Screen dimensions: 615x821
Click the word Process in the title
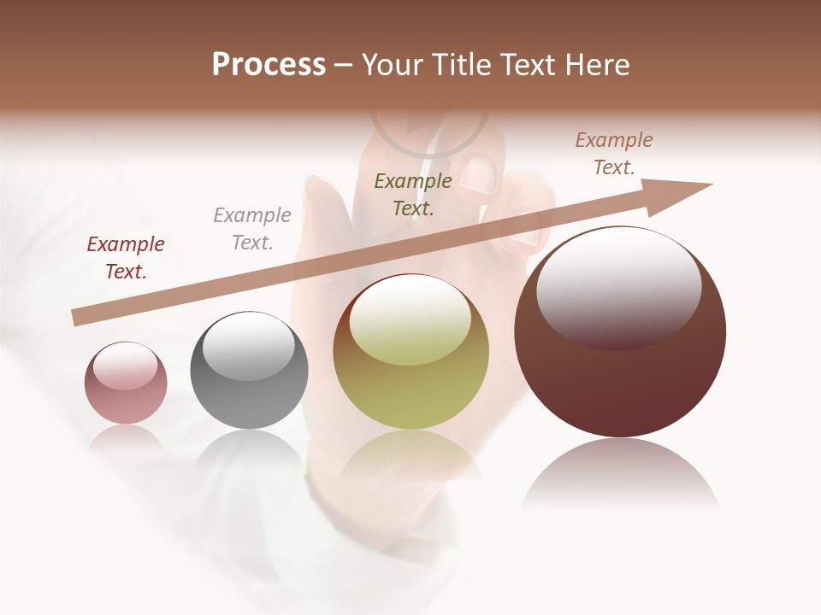269,65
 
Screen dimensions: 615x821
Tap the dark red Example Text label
126,258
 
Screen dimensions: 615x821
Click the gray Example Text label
252,229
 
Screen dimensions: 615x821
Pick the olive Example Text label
413,194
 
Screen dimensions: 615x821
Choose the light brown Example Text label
614,154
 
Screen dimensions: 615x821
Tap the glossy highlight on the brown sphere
618,286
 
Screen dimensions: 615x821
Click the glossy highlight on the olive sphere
410,320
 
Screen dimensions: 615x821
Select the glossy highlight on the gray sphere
248,346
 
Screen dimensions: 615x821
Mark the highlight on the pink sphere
126,366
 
